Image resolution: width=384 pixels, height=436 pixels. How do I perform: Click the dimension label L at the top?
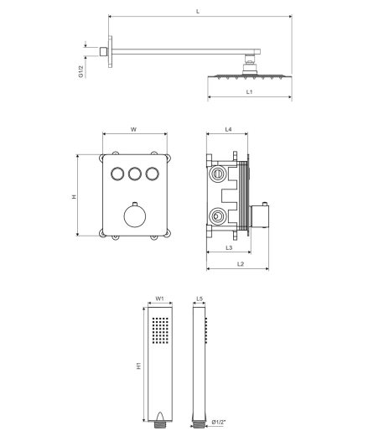coord(198,12)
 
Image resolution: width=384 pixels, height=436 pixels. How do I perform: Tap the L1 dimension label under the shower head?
coord(249,91)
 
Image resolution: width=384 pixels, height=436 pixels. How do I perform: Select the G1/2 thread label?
coord(81,71)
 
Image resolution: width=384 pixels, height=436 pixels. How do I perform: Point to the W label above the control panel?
coord(133,129)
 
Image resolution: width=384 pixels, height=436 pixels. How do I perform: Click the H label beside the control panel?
coord(74,196)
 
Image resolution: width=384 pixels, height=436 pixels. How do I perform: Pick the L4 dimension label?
coord(229,129)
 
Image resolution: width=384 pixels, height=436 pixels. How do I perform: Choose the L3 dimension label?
coord(229,247)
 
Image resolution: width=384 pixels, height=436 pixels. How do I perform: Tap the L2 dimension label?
coord(241,264)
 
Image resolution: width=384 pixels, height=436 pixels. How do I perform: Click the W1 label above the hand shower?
coord(159,298)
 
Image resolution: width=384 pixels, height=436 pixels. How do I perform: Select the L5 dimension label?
coord(200,298)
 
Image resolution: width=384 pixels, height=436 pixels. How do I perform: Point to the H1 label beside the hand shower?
coord(139,366)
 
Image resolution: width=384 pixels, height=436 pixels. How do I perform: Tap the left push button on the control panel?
coord(117,174)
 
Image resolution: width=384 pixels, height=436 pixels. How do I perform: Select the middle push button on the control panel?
coord(135,174)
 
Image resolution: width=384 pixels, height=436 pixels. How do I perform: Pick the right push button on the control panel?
coord(153,174)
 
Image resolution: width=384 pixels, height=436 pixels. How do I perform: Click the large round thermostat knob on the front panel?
coord(135,215)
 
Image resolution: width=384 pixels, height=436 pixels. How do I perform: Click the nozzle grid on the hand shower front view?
coord(160,330)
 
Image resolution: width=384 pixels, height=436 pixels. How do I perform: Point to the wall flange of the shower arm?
coord(110,51)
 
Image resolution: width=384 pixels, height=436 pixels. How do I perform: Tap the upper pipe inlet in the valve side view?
coord(217,174)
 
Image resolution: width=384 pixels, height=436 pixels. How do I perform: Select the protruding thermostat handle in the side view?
coord(259,216)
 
